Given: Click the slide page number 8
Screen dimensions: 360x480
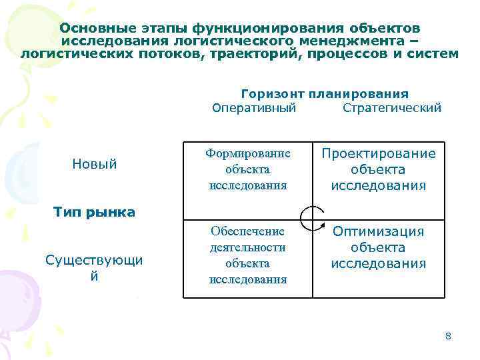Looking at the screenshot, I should (448, 336).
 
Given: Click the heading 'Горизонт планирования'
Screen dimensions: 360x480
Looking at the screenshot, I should (325, 94).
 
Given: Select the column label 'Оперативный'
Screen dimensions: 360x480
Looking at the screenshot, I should (253, 108).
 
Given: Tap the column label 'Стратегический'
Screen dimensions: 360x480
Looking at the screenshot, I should (391, 108).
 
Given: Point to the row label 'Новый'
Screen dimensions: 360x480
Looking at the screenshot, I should (94, 163).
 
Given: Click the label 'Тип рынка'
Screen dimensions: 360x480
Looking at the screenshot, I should (94, 213).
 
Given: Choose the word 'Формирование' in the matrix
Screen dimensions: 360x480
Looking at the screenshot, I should (247, 153).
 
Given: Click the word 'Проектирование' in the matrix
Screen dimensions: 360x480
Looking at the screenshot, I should (379, 154).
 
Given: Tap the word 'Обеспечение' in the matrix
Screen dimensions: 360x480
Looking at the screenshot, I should (247, 231).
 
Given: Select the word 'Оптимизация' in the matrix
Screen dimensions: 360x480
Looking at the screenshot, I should (379, 231).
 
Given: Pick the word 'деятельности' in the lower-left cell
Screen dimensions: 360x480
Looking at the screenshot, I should (247, 247).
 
